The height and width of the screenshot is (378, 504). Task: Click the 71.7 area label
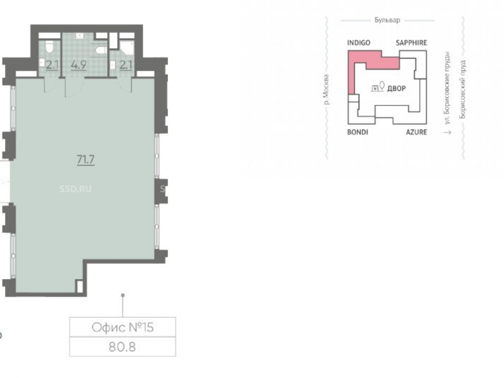pos(86,159)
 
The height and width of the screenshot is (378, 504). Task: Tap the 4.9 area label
pos(79,65)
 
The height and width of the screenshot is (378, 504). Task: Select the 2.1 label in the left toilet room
pos(52,65)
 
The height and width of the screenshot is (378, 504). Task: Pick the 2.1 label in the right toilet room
pos(125,65)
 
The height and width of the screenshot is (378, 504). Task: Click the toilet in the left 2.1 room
pos(49,46)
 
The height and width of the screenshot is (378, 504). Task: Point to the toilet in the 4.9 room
pos(101,51)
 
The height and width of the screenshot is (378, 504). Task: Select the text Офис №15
pos(122,327)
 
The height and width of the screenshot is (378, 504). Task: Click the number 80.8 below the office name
pos(122,347)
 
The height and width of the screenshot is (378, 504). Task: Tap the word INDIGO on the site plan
pos(359,43)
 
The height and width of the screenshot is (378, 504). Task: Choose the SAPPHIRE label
pos(411,43)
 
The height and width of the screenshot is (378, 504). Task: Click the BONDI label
pos(357,132)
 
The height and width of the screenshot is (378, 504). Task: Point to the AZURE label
pos(416,132)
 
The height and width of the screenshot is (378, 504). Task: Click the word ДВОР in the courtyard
pos(396,88)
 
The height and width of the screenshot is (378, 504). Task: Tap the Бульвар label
pos(387,20)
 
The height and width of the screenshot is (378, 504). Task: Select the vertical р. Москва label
pos(326,90)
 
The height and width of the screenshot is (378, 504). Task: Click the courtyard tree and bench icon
pos(378,87)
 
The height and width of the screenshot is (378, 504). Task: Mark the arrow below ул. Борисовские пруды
pos(447,132)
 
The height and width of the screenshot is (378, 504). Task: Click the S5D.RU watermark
pos(76,188)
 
